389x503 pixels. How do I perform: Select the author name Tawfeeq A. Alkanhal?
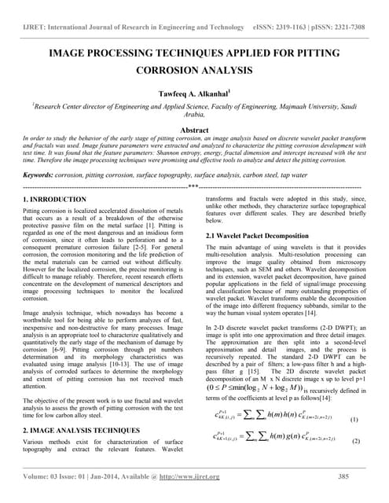pyautogui.click(x=194, y=90)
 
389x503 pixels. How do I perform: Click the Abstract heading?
pyautogui.click(x=194, y=130)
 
